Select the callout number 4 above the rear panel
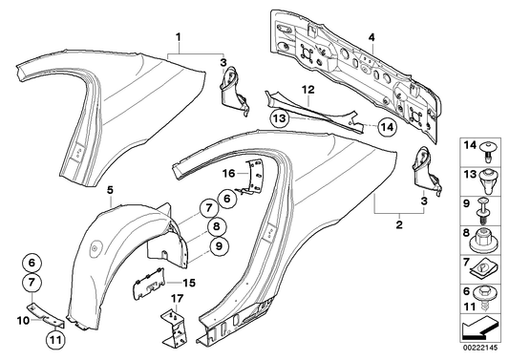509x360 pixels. pos(372,39)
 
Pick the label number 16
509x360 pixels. pos(229,174)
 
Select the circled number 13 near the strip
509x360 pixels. pos(277,120)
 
